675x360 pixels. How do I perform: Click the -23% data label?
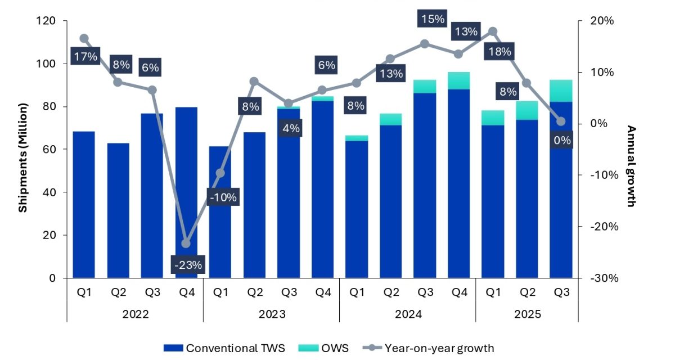[186, 264]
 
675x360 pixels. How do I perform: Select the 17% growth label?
[84, 56]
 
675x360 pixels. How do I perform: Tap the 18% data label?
[499, 52]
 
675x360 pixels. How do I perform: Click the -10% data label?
[223, 197]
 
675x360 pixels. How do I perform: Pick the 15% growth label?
[432, 19]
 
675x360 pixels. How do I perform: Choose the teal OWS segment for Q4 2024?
[458, 80]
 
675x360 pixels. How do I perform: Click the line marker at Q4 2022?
[186, 244]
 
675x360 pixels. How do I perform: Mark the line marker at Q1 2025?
[493, 31]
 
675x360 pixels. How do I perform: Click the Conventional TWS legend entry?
[224, 348]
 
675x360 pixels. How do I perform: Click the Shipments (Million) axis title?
[22, 157]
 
